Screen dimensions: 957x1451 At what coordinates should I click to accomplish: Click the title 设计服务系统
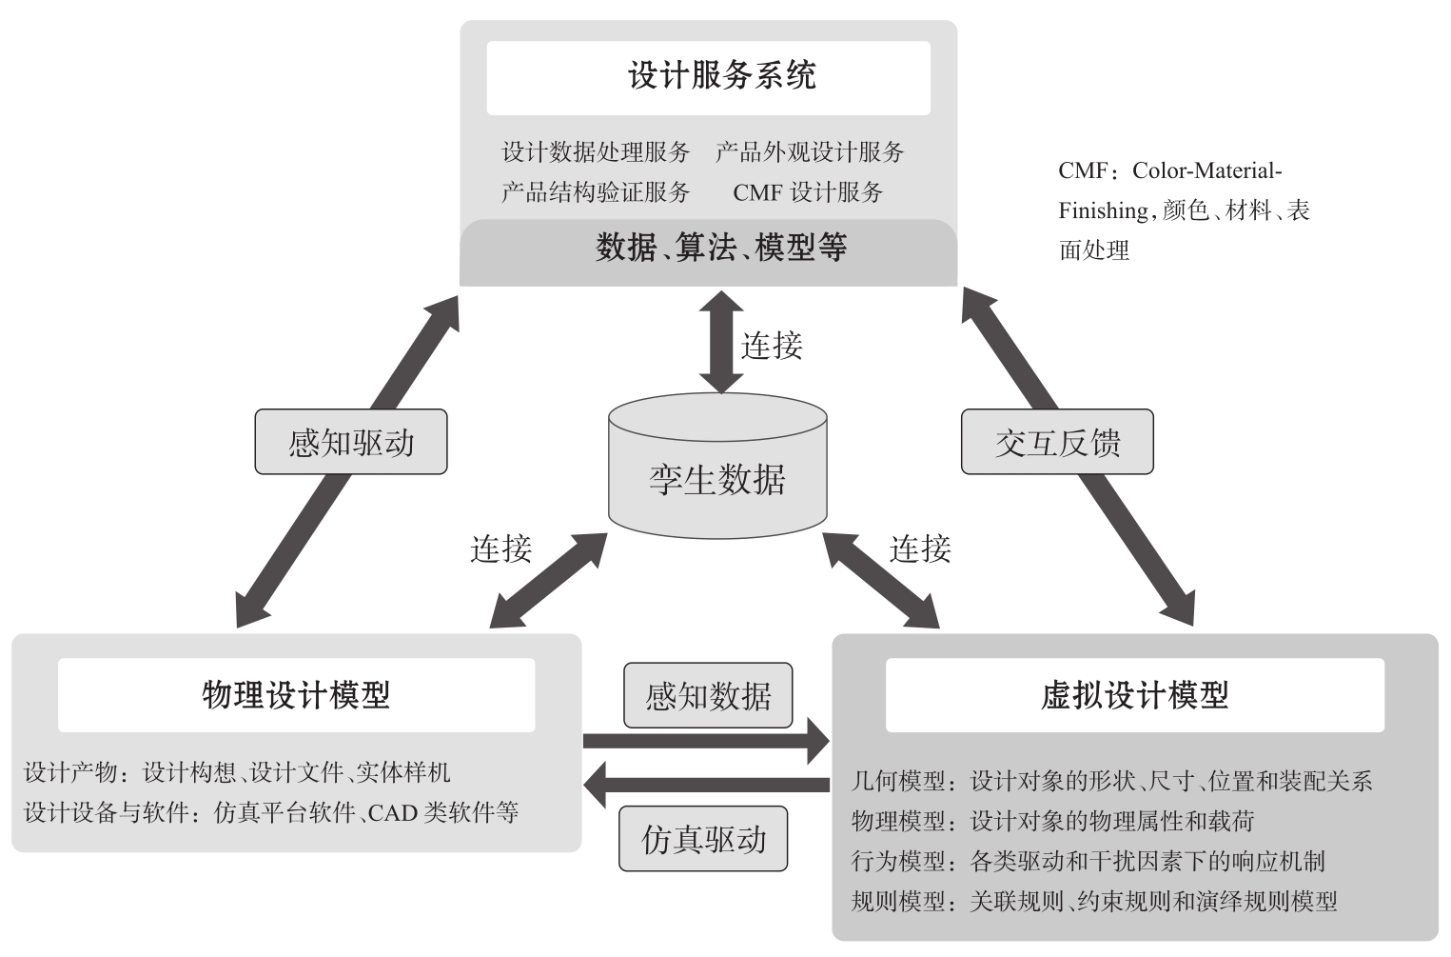coord(721,76)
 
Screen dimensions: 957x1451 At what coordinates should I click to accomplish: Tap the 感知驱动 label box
coord(351,442)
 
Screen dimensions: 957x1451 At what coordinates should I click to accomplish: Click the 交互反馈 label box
coord(1057,442)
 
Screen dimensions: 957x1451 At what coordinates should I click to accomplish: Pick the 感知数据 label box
coord(708,696)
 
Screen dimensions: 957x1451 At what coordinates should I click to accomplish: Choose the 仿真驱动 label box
coord(703,839)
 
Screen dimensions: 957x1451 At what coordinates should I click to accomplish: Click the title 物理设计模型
coord(296,695)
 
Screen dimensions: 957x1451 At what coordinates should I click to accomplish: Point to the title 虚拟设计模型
coord(1134,695)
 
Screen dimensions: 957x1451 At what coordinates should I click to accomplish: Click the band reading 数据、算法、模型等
coord(720,248)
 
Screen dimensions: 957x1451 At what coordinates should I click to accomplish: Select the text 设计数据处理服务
coord(596,152)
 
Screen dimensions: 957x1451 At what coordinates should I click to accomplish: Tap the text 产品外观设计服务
coord(810,152)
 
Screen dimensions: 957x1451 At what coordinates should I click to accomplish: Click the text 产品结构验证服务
coord(596,192)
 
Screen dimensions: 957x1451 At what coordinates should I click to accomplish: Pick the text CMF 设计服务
coord(808,192)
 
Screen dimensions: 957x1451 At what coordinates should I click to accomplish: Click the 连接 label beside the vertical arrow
coord(772,345)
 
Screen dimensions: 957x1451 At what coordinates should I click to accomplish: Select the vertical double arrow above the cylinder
coord(721,341)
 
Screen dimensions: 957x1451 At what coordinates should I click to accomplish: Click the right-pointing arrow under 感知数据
coord(706,741)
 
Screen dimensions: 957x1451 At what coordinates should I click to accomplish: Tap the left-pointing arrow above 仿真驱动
coord(706,786)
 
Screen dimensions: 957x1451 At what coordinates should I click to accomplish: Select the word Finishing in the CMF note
coord(1103,210)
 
